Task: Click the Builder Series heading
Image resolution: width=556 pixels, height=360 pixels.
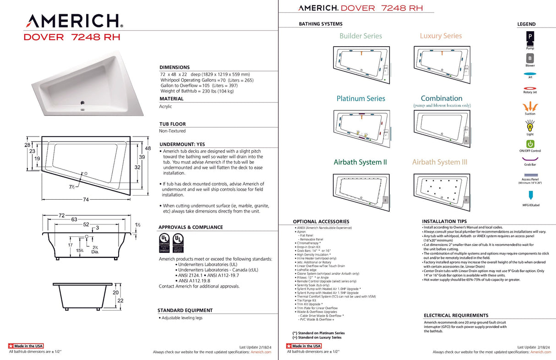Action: tap(360, 36)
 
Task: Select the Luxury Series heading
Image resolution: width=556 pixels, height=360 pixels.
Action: tap(441, 36)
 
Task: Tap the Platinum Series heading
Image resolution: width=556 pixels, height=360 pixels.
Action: tap(360, 98)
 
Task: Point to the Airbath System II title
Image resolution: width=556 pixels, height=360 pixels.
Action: tap(360, 162)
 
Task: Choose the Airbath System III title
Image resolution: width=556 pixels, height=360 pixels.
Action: tap(440, 162)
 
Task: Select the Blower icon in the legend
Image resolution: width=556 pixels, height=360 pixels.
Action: tap(530, 59)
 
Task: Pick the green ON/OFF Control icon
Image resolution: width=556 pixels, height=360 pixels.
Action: tap(530, 144)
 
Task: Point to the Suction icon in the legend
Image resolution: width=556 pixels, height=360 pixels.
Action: tap(530, 105)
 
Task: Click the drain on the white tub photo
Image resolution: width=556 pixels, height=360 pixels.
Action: tap(82, 103)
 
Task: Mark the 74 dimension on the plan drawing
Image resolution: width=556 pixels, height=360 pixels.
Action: tap(86, 199)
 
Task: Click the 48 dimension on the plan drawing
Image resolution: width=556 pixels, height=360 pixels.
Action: tap(148, 148)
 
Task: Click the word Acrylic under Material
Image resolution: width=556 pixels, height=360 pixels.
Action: tap(165, 106)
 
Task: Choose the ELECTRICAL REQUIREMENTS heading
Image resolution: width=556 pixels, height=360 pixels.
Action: tap(456, 316)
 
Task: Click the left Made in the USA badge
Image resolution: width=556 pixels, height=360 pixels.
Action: tap(26, 346)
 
